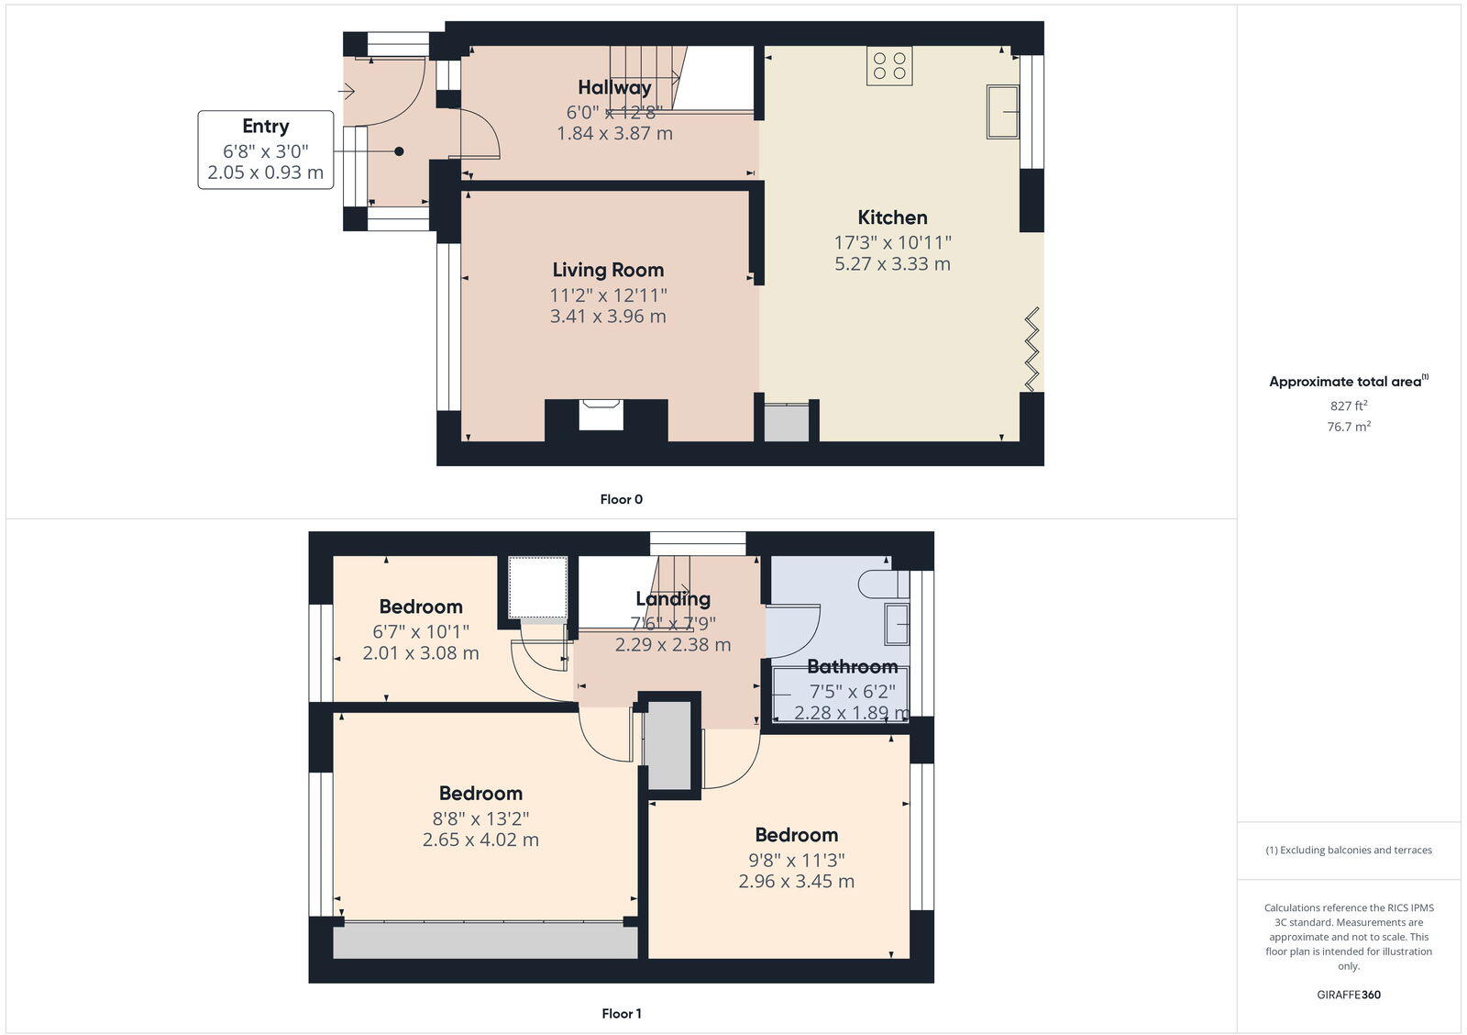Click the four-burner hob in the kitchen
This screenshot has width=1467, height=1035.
pyautogui.click(x=889, y=66)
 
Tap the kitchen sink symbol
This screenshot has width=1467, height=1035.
pyautogui.click(x=1002, y=112)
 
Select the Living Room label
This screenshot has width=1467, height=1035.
pyautogui.click(x=608, y=270)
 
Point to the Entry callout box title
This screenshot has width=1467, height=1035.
pyautogui.click(x=265, y=127)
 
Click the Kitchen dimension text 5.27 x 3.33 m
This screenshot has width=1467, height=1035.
pyautogui.click(x=892, y=264)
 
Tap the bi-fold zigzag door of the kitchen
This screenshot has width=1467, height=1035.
pyautogui.click(x=1032, y=350)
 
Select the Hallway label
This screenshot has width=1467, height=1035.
pyautogui.click(x=614, y=87)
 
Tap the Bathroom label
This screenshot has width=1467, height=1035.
pyautogui.click(x=852, y=667)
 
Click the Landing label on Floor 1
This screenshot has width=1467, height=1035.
pyautogui.click(x=673, y=599)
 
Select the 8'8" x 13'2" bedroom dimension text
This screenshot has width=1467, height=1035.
pyautogui.click(x=480, y=818)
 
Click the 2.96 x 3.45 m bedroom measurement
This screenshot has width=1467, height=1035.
pyautogui.click(x=796, y=882)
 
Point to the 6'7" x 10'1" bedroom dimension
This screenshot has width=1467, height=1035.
pyautogui.click(x=421, y=631)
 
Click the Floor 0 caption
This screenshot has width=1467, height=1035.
pyautogui.click(x=621, y=499)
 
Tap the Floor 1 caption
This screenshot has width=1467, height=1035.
pyautogui.click(x=621, y=1014)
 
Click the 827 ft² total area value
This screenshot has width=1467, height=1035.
pyautogui.click(x=1349, y=406)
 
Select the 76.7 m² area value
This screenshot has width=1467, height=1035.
pyautogui.click(x=1349, y=427)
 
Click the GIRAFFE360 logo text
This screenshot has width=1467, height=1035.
pyautogui.click(x=1349, y=995)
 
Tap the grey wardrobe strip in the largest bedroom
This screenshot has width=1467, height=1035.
pyautogui.click(x=484, y=941)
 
